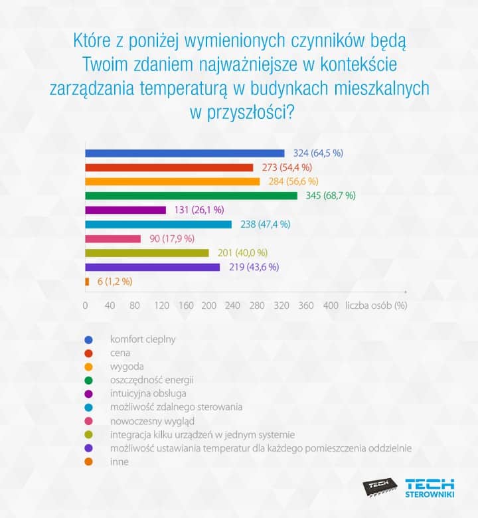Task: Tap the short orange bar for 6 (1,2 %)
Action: pos(87,282)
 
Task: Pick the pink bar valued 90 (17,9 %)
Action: pos(113,238)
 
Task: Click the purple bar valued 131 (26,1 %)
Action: pos(125,210)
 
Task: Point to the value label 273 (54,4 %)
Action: pos(283,167)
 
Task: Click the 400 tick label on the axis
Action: pos(331,306)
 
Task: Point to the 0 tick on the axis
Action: pos(86,306)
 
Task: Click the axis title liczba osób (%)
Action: pos(376,306)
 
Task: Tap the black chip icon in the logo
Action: pos(380,488)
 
